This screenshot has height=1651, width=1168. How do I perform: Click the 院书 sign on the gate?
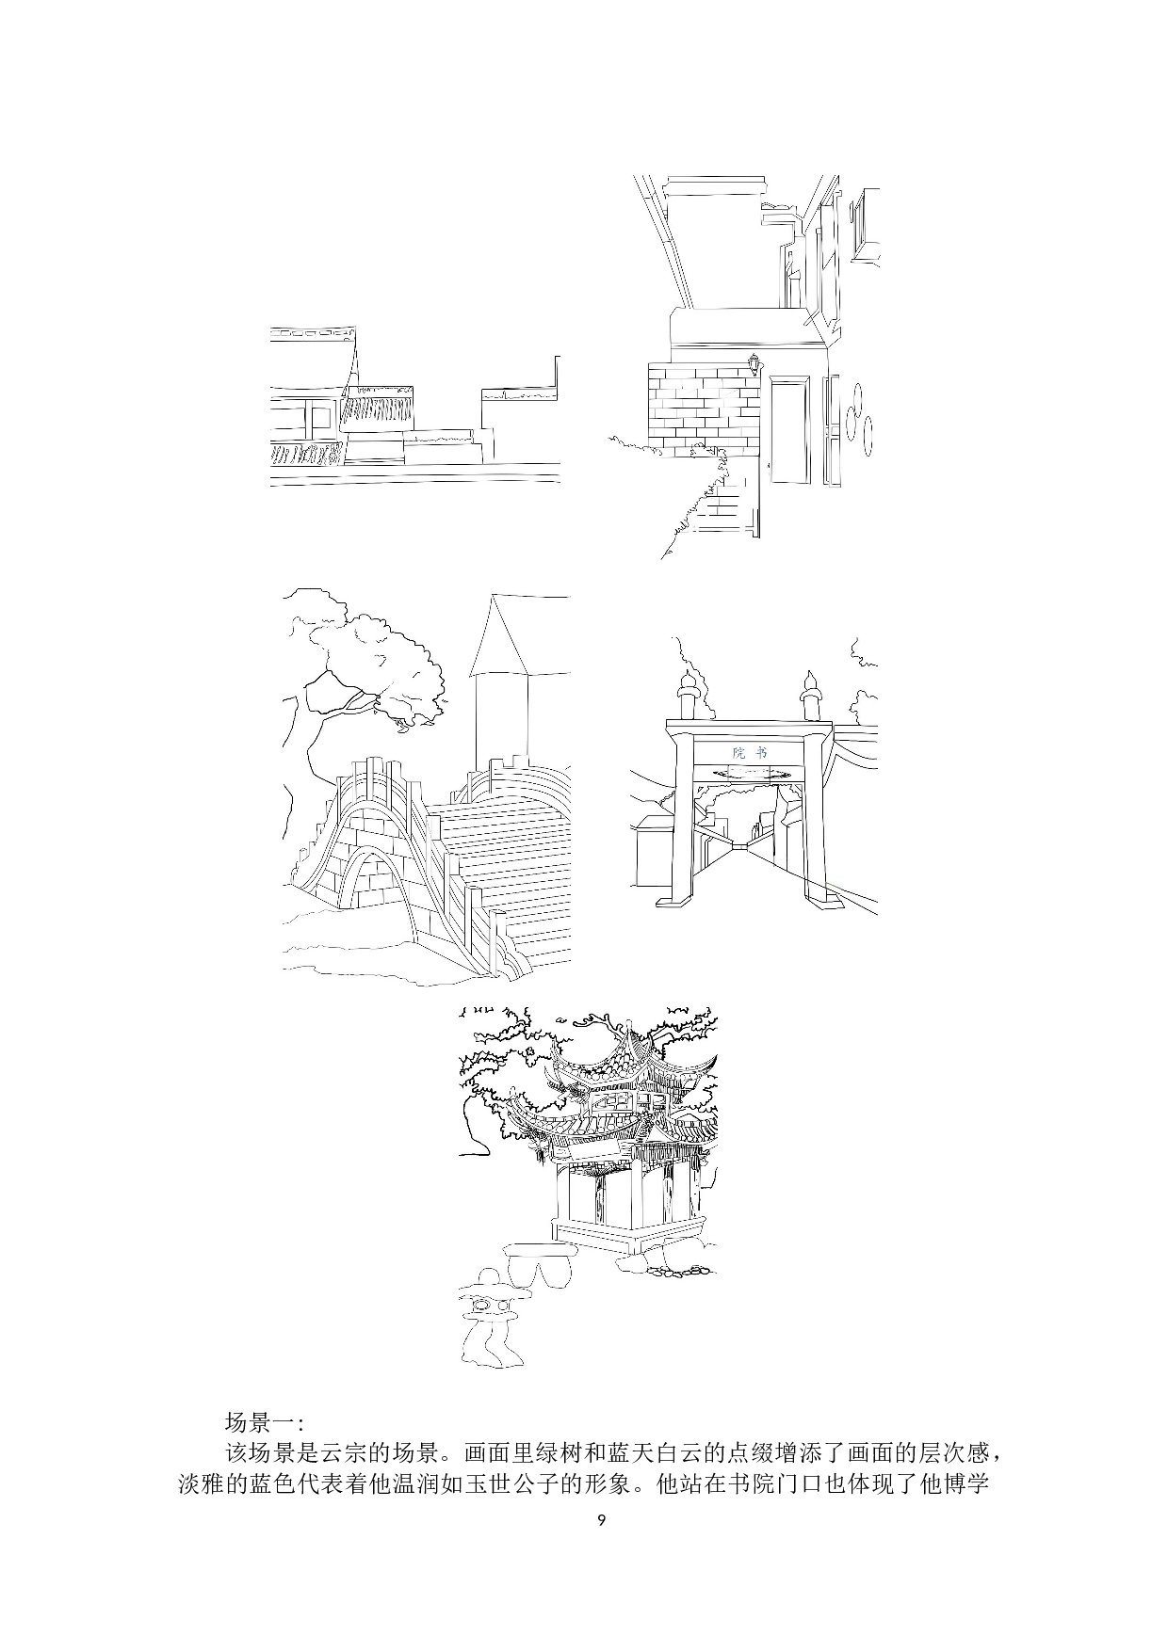(x=750, y=753)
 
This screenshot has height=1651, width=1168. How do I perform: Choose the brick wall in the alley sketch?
(x=703, y=409)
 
